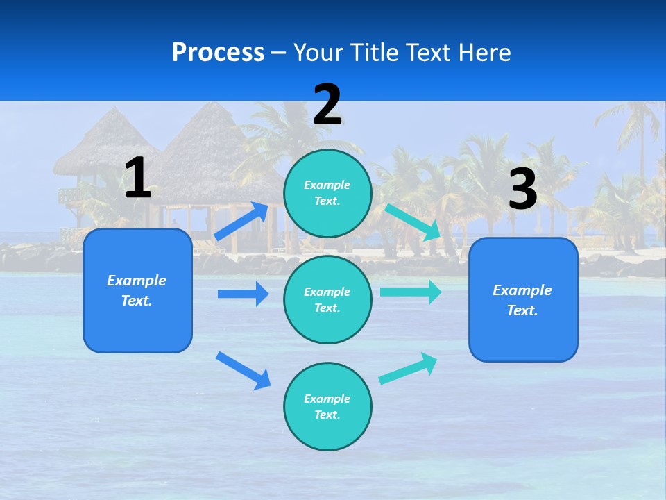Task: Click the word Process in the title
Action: click(x=218, y=52)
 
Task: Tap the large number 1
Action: click(x=138, y=178)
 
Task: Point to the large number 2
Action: click(x=327, y=105)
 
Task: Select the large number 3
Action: click(x=522, y=190)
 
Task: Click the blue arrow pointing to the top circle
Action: click(x=242, y=220)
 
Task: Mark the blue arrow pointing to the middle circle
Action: click(x=244, y=294)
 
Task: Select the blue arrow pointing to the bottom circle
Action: click(x=244, y=370)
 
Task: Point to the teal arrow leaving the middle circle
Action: click(x=411, y=292)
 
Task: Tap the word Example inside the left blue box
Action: click(x=137, y=281)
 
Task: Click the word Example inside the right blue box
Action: click(x=522, y=290)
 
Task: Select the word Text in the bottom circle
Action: click(x=326, y=415)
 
